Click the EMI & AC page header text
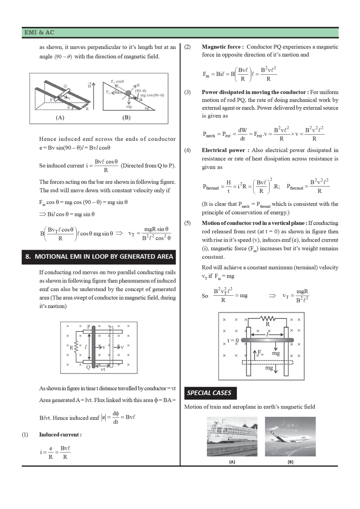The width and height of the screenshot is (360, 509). pos(39,33)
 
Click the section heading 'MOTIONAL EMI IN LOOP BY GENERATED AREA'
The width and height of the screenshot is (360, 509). pos(99,256)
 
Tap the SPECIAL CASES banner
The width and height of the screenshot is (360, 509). pos(209,393)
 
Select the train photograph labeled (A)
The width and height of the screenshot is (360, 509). pos(232,436)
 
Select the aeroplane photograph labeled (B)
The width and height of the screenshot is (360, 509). pos(290,436)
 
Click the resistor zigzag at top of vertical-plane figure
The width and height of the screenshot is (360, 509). pos(268,319)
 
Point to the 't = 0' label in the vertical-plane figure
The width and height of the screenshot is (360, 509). pos(233,341)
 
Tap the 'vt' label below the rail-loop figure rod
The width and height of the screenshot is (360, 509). pos(103,369)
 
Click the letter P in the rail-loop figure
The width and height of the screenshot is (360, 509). pos(89,327)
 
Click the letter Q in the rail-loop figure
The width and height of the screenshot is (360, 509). pos(88,367)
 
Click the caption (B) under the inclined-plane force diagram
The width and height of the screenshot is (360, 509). pos(126,118)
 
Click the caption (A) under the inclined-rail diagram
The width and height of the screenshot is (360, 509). pos(60,118)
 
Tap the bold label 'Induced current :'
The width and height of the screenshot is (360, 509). pos(60,435)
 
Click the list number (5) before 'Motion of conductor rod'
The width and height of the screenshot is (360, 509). pos(187,223)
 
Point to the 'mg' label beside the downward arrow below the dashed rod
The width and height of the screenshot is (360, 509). pos(269,368)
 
